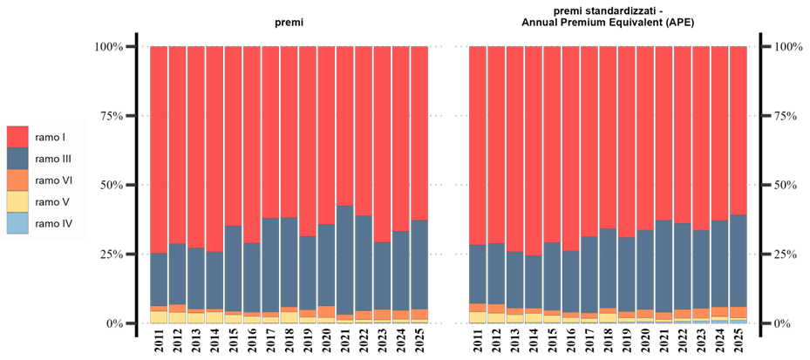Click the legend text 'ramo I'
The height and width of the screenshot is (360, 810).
(x=50, y=138)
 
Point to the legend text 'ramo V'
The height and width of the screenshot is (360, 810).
(x=51, y=202)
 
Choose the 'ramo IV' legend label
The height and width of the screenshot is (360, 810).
(x=53, y=224)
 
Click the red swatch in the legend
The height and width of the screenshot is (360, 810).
(x=17, y=138)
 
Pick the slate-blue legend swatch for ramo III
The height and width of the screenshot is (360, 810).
(x=17, y=160)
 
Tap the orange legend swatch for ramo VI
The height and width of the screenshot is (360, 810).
(x=17, y=180)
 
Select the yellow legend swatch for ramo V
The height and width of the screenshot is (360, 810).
(x=17, y=202)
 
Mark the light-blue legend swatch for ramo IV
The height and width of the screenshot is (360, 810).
(x=17, y=224)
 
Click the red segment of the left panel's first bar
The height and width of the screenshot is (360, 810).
(x=159, y=148)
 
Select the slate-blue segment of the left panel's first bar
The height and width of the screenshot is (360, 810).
(x=159, y=279)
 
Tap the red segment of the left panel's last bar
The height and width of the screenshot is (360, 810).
(x=419, y=131)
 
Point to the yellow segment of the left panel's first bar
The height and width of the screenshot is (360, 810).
(x=159, y=317)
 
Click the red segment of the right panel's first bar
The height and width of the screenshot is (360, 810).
(x=478, y=145)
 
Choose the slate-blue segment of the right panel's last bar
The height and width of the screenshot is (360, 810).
(x=738, y=260)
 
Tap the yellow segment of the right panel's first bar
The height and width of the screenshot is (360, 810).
(x=478, y=317)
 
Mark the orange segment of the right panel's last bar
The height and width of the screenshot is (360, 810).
(x=738, y=312)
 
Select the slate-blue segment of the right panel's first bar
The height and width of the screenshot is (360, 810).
(x=478, y=274)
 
